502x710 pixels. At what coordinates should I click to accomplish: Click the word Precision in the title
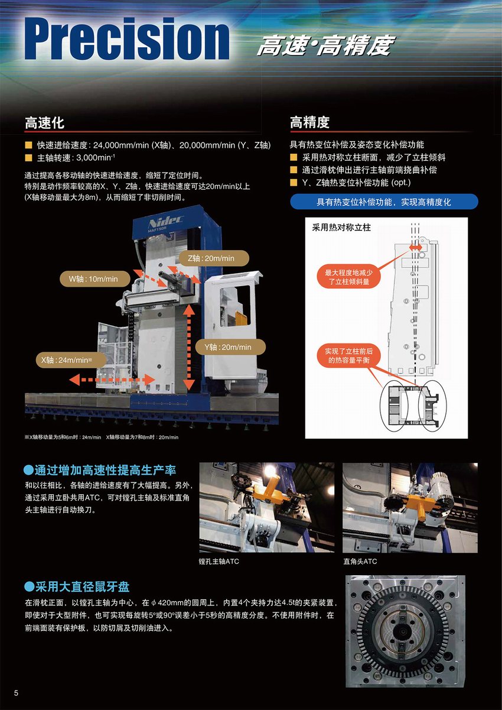tap(127, 39)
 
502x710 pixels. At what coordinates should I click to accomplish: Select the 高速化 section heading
tap(44, 123)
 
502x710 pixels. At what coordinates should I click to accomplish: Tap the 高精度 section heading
tap(309, 122)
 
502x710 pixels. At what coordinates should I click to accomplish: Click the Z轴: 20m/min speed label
tap(214, 258)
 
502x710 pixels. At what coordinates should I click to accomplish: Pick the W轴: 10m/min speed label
tap(95, 279)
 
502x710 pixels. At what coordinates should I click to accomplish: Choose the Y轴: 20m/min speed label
tap(230, 347)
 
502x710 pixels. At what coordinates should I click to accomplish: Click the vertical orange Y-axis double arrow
tap(189, 347)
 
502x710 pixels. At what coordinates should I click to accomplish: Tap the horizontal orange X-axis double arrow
tap(112, 380)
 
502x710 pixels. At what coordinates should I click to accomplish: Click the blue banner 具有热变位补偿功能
tap(384, 202)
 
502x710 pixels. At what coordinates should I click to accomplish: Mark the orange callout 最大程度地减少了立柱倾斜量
tap(348, 277)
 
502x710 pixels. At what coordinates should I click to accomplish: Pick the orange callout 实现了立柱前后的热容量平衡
tap(348, 356)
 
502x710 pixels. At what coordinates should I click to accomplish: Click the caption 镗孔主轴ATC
tap(219, 562)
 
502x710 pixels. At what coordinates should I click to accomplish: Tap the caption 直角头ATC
tap(360, 562)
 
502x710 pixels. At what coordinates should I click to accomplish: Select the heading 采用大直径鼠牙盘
tap(77, 586)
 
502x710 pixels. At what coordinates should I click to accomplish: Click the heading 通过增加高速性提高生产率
tap(100, 470)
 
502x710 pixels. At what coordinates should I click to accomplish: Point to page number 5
tap(16, 693)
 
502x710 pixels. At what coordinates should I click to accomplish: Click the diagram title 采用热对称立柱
tap(341, 228)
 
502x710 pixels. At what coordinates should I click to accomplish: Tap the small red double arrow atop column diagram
tap(416, 247)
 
